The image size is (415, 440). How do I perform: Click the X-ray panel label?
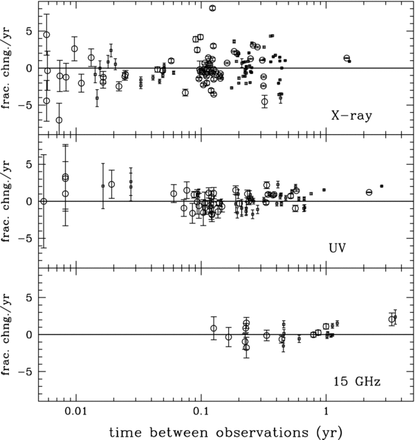(351, 116)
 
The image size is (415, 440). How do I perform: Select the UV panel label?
(338, 248)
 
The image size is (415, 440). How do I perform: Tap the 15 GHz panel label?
(357, 381)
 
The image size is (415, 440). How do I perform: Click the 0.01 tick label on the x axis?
(76, 411)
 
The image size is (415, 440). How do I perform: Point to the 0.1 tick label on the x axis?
(201, 411)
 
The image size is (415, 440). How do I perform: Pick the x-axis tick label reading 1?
(326, 411)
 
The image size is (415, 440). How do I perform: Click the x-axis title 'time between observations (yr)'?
(226, 432)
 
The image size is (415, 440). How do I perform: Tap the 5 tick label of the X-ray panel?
(30, 31)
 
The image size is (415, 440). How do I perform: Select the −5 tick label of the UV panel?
(26, 238)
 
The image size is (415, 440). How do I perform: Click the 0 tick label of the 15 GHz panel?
(30, 334)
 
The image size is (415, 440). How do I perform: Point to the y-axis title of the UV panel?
(6, 201)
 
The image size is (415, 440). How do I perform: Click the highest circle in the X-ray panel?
(213, 8)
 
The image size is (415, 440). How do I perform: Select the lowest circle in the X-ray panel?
(59, 120)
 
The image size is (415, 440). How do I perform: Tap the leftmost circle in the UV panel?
(44, 201)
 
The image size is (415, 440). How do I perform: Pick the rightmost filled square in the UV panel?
(382, 186)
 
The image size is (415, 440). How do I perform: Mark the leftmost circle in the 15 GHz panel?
(214, 329)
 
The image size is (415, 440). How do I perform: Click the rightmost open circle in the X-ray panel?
(347, 58)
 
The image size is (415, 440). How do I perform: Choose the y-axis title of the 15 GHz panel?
(6, 334)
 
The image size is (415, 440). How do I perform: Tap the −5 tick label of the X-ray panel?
(26, 105)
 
